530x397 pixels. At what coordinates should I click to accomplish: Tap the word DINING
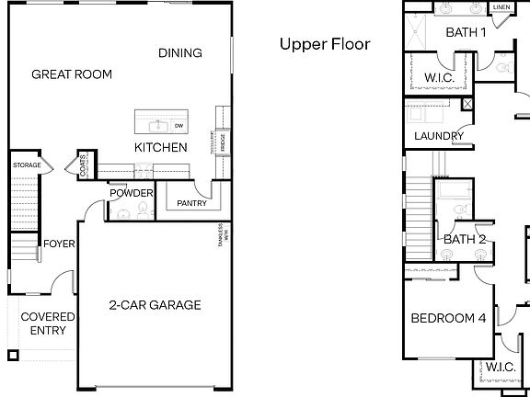(179, 52)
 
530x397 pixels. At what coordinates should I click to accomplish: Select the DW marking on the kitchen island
(179, 125)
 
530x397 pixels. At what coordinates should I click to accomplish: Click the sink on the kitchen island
(157, 125)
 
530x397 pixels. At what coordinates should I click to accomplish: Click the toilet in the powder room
(143, 211)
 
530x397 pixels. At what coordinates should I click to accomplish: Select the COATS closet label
(84, 166)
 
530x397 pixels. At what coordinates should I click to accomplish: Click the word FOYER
(59, 244)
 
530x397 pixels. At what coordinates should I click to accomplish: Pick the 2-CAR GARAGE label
(155, 305)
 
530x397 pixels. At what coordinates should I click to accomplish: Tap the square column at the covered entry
(12, 356)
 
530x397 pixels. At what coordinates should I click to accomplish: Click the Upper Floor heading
(325, 43)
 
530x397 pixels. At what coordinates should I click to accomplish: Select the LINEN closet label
(501, 7)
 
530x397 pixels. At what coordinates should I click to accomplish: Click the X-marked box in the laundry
(468, 104)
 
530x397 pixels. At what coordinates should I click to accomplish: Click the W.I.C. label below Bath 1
(438, 77)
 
